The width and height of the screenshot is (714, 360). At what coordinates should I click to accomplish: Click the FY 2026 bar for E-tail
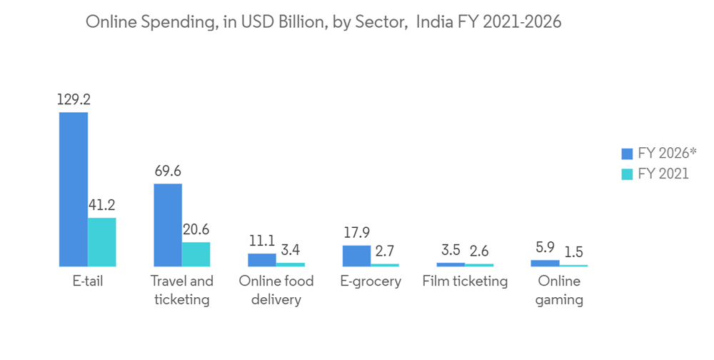[74, 189]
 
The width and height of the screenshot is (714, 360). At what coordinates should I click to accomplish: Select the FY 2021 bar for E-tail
[101, 241]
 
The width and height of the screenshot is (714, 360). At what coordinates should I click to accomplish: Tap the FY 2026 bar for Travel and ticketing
[168, 224]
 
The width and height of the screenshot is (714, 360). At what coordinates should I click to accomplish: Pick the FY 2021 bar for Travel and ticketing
[196, 254]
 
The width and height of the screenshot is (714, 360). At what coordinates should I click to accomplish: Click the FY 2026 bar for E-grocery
[356, 255]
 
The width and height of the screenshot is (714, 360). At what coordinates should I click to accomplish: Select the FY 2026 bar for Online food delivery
[262, 259]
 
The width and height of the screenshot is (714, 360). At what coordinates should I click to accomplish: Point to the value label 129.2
[74, 100]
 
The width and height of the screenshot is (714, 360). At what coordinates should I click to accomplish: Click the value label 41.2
[101, 206]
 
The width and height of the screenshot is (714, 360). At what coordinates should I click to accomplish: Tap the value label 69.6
[168, 171]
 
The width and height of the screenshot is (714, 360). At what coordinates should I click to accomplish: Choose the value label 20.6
[196, 230]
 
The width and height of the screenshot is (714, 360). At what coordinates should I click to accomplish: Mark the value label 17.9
[356, 233]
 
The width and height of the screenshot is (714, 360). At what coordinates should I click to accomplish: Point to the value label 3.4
[291, 251]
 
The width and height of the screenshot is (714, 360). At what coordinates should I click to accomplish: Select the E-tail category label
[88, 281]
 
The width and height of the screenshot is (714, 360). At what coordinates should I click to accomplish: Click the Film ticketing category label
[465, 281]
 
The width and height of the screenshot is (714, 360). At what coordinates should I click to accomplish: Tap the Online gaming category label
[560, 290]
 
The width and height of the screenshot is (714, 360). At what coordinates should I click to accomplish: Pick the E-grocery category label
[371, 281]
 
